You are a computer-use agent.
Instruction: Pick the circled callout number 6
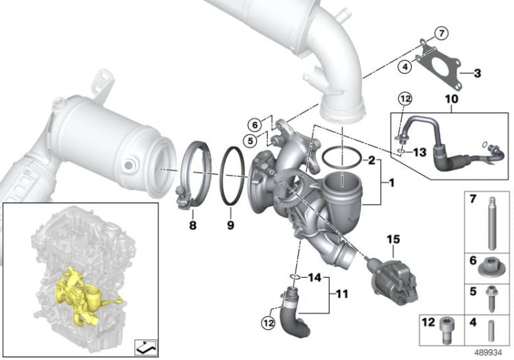(x=256, y=125)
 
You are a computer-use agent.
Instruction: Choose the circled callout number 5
(x=250, y=141)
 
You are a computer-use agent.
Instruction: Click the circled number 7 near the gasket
(x=441, y=34)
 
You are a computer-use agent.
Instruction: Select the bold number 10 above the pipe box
(x=452, y=99)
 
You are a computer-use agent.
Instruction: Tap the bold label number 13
(x=419, y=152)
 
